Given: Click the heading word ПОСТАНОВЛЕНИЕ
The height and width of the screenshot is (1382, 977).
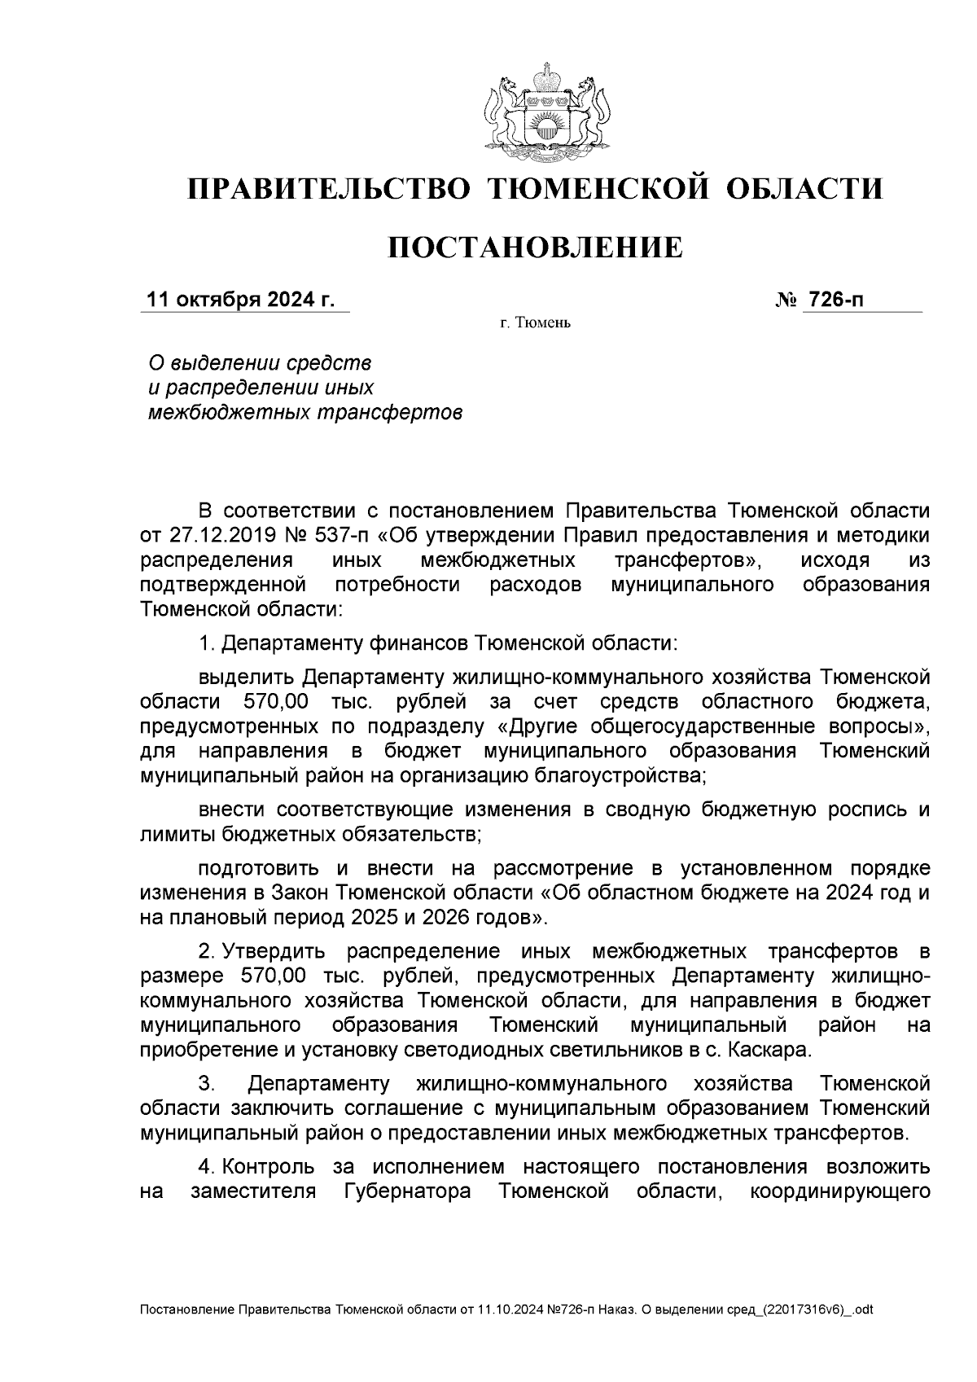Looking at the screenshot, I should [x=535, y=248].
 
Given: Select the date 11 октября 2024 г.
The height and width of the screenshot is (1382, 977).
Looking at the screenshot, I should [x=240, y=301].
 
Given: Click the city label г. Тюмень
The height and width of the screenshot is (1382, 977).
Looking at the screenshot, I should [x=535, y=324].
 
